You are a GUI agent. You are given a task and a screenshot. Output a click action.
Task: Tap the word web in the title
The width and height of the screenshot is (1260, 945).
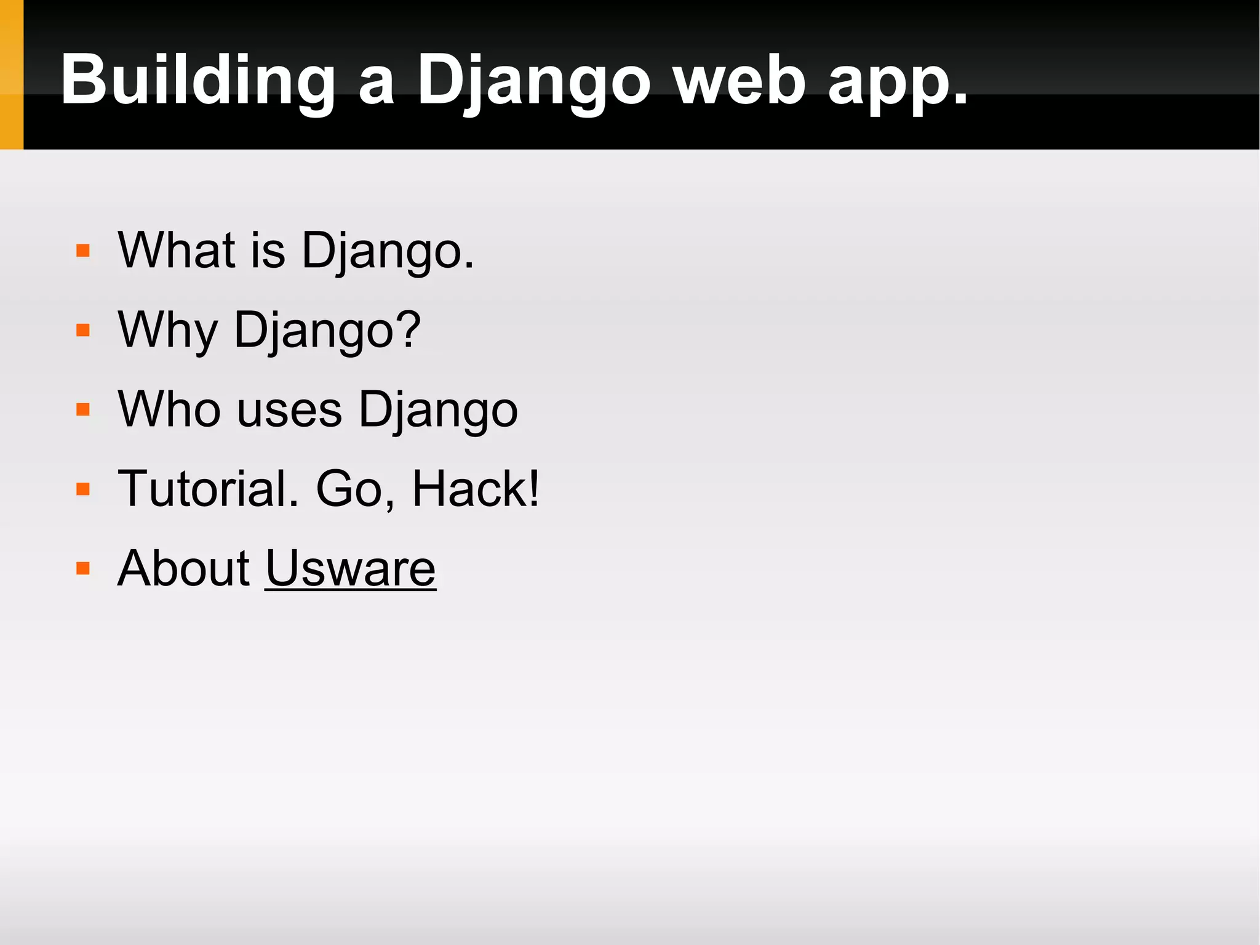tap(739, 80)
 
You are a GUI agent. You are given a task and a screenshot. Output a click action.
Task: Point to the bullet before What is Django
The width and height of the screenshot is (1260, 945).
tap(83, 251)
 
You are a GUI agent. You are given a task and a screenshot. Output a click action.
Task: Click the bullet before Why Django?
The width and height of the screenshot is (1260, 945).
tap(83, 331)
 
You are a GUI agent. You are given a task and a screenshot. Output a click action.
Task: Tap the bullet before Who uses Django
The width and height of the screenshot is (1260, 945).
tap(83, 410)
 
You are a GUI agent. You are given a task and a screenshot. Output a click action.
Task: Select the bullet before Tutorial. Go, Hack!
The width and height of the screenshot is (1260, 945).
tap(83, 489)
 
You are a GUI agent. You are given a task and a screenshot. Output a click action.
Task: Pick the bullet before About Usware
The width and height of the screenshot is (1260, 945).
tap(83, 568)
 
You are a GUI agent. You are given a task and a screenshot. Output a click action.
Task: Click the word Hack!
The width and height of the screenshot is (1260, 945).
tap(476, 489)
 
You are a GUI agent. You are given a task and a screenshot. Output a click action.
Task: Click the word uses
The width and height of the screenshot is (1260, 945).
tap(289, 411)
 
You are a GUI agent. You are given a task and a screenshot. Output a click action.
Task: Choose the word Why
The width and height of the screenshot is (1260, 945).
tap(168, 331)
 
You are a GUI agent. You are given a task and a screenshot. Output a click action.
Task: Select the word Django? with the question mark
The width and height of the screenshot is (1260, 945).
tap(327, 331)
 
